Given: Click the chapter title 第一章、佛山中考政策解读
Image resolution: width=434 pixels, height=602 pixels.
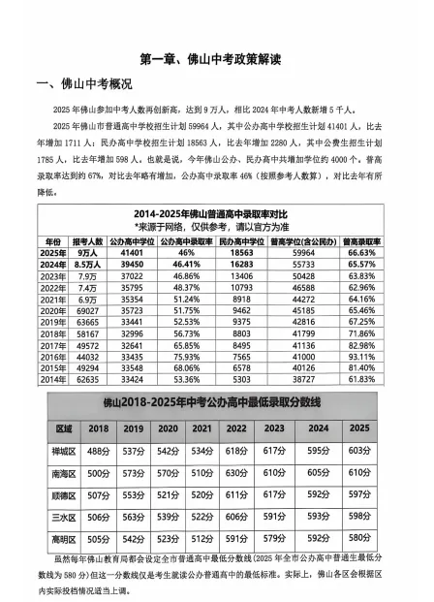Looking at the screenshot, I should [x=217, y=59].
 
